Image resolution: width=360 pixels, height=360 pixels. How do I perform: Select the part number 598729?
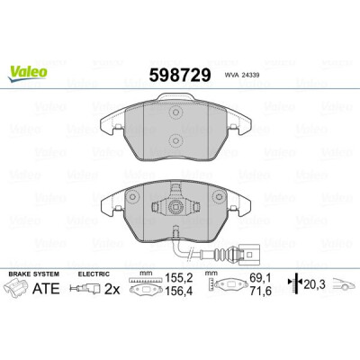coord(180,75)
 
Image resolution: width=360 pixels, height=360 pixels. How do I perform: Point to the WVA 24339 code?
coord(242,76)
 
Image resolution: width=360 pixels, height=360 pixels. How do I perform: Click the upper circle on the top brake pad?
coord(175,113)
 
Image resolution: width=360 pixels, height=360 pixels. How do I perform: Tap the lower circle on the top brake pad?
coord(175,140)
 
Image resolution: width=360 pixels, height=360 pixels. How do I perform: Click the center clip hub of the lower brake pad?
coord(175,206)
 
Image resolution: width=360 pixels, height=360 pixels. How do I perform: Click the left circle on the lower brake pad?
coord(132,197)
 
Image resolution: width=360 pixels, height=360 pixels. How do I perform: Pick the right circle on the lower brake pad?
coord(218,197)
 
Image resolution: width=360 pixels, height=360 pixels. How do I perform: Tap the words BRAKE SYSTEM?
coord(33,274)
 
